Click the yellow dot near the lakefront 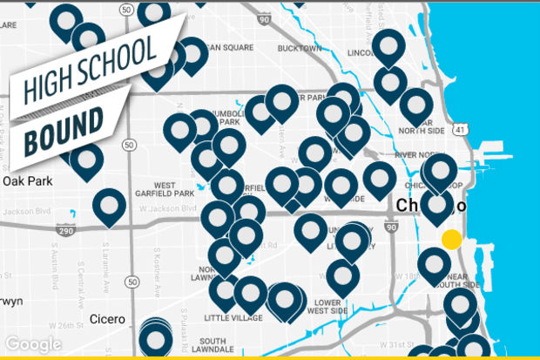click(x=451, y=240)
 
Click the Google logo click(x=33, y=345)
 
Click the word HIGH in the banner click(x=47, y=84)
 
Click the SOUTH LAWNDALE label click(x=211, y=346)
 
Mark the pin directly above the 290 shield click(x=109, y=205)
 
